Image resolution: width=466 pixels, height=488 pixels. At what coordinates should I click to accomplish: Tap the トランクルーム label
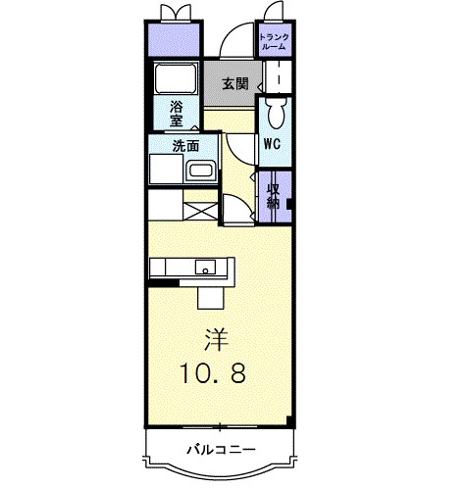click(274, 41)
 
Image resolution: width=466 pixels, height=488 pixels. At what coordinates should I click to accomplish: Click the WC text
click(272, 143)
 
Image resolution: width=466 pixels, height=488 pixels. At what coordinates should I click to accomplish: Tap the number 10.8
click(219, 372)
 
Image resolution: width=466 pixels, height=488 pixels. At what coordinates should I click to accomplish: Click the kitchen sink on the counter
click(205, 266)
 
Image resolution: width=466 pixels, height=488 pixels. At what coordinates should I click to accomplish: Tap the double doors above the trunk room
click(273, 12)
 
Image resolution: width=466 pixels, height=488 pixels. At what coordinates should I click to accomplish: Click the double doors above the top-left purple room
click(177, 12)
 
